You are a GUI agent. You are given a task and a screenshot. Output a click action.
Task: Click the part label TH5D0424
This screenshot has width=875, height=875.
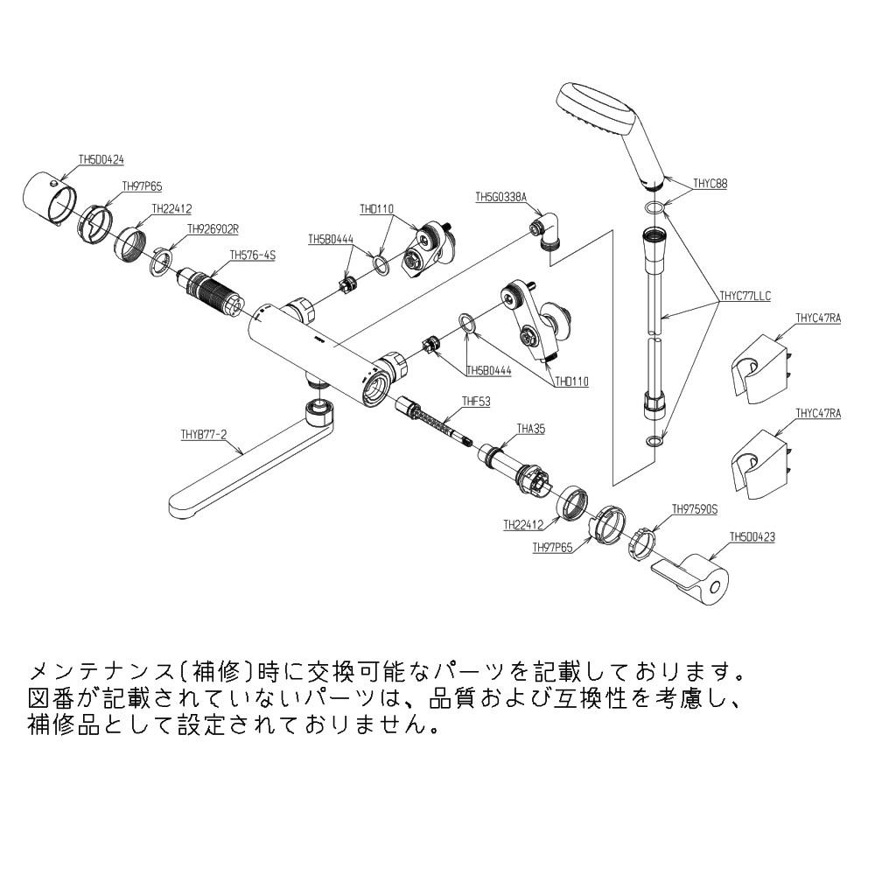[101, 160]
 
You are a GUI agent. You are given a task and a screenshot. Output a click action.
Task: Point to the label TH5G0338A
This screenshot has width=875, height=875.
[500, 198]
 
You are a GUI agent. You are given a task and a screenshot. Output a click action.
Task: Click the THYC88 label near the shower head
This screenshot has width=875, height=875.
[710, 184]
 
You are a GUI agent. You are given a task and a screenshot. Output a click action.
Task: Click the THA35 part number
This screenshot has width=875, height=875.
[530, 429]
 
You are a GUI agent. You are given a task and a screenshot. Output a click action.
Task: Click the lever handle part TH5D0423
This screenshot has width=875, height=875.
[696, 577]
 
